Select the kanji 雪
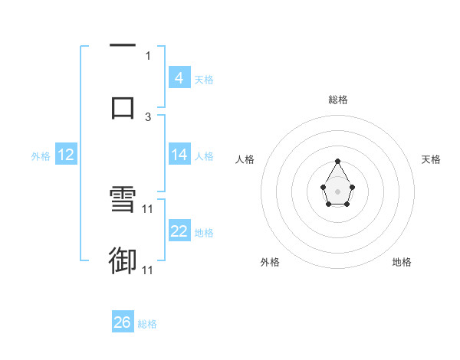point(123,201)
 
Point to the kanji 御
point(123,261)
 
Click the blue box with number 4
point(179,77)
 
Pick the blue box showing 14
point(179,155)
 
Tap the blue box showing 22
point(179,231)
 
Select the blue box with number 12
point(66,155)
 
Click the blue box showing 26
point(123,322)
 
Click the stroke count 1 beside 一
point(148,55)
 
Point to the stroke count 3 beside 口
point(148,116)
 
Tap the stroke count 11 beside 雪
point(148,208)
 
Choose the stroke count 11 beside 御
point(148,270)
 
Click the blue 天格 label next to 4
point(204,79)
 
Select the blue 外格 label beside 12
point(41,156)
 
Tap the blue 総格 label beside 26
point(147,324)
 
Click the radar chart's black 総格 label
point(338,100)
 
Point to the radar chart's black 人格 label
point(245,159)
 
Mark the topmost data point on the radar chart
point(338,161)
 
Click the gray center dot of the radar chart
point(338,191)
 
